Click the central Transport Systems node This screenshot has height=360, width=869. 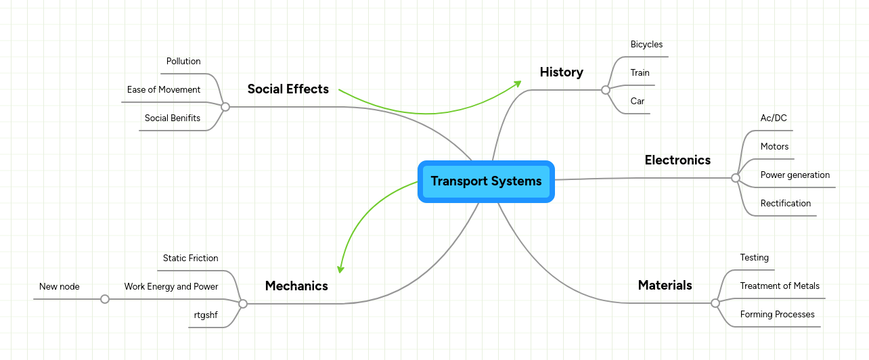[486, 181]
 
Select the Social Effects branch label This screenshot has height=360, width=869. [288, 89]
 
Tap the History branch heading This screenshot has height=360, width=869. [561, 72]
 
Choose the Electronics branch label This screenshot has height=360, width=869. [677, 160]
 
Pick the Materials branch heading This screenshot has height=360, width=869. [665, 285]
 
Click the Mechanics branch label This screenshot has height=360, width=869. [296, 286]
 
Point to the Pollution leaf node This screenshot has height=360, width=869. [183, 62]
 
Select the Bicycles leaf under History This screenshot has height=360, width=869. [646, 45]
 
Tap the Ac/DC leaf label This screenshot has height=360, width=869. [774, 118]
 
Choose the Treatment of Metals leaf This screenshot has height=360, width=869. [780, 286]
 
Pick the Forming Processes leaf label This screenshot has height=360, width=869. [777, 315]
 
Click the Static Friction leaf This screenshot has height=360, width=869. [190, 258]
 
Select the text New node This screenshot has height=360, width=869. [60, 287]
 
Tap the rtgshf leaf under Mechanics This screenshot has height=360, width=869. [206, 315]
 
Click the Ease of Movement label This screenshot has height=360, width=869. [164, 90]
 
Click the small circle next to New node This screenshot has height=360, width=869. [105, 299]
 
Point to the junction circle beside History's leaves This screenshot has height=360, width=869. [605, 90]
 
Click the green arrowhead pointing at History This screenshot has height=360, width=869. [518, 83]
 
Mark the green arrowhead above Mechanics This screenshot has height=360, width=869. [340, 269]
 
